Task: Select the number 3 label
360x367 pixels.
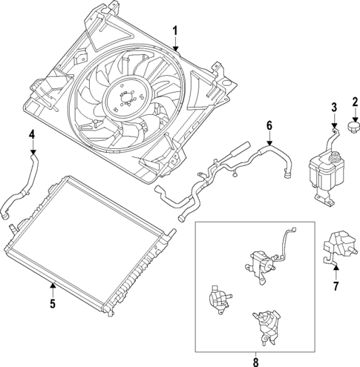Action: [334, 108]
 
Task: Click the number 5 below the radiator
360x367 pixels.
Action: [52, 302]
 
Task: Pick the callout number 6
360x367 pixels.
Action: [269, 127]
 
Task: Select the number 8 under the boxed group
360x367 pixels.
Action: [257, 361]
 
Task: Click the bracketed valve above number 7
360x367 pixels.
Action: [336, 247]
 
